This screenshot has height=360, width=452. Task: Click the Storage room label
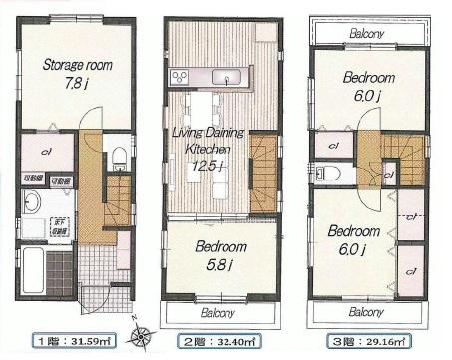coord(76,67)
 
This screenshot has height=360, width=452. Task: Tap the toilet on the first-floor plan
coord(119,156)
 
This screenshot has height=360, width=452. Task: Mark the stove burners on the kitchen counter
coord(180,77)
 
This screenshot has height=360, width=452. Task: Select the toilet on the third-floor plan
coord(327,173)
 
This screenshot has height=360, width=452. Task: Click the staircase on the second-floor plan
coord(264,165)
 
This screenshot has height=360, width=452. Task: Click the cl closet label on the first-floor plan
coord(46,152)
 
